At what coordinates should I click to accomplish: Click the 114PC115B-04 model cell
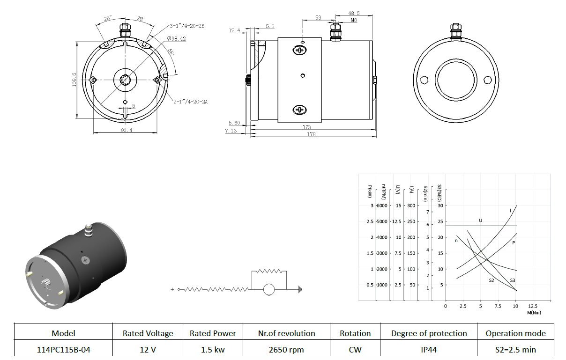pos(63,350)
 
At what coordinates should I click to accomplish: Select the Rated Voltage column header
pos(148,333)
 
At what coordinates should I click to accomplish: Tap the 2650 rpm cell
pos(286,350)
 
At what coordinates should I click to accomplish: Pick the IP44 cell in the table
pos(429,350)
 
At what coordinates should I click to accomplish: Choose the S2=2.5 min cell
pos(515,350)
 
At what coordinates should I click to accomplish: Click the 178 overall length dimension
pos(311,134)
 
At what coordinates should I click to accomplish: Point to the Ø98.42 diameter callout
pos(176,39)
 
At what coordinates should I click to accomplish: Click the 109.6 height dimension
pos(74,80)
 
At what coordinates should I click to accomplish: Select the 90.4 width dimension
pos(127,130)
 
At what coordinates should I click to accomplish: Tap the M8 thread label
pos(354,20)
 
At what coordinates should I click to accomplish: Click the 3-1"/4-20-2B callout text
pos(187,26)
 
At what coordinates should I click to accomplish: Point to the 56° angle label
pos(171,52)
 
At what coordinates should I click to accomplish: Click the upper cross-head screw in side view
pos(300,50)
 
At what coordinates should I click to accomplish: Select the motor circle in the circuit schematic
pos(269,289)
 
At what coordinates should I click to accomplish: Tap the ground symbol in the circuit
pos(300,289)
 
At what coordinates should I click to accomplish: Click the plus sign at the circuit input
pos(172,289)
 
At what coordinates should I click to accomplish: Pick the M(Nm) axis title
pos(534,313)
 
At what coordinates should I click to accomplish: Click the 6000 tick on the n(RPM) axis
pos(382,206)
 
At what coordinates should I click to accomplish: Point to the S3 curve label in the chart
pos(513,280)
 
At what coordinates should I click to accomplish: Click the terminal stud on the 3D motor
pos(88,230)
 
